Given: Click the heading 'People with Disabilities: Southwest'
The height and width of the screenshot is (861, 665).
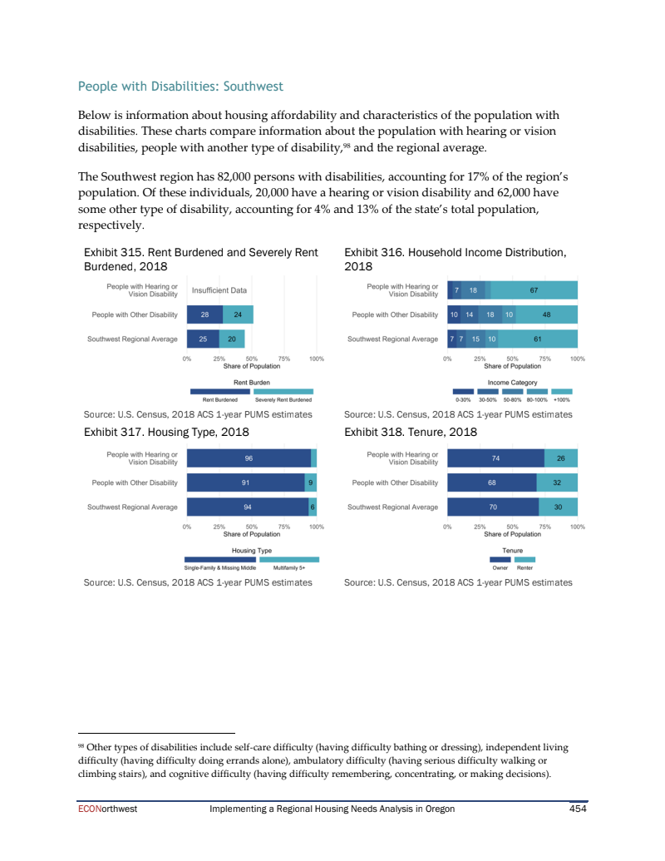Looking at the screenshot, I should pyautogui.click(x=180, y=87).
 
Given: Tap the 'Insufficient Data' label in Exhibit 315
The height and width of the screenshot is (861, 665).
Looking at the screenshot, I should pyautogui.click(x=219, y=290).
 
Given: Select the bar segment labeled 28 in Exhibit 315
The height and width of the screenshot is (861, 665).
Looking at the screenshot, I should pyautogui.click(x=204, y=314).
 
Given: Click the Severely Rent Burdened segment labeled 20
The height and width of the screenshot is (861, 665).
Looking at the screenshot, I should pyautogui.click(x=232, y=339).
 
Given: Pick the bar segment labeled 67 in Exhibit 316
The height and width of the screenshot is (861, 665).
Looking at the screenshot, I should pyautogui.click(x=534, y=290).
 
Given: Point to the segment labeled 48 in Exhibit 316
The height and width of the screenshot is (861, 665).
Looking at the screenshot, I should pyautogui.click(x=546, y=314).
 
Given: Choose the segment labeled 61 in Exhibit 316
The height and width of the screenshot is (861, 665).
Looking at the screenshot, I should pyautogui.click(x=538, y=339).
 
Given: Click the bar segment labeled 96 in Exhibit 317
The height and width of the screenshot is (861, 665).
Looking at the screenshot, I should pyautogui.click(x=249, y=458).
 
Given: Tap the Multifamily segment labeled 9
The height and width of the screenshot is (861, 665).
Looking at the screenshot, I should pyautogui.click(x=311, y=482).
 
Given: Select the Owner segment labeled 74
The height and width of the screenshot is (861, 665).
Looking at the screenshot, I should pyautogui.click(x=495, y=458).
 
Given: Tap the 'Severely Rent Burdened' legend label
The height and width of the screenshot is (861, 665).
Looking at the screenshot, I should pyautogui.click(x=283, y=399).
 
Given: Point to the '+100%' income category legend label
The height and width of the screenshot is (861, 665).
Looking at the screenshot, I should pyautogui.click(x=562, y=399).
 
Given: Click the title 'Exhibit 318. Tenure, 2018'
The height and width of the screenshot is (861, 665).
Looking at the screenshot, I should pyautogui.click(x=410, y=432).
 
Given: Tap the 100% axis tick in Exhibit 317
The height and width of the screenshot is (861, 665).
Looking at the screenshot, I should pyautogui.click(x=316, y=527).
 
